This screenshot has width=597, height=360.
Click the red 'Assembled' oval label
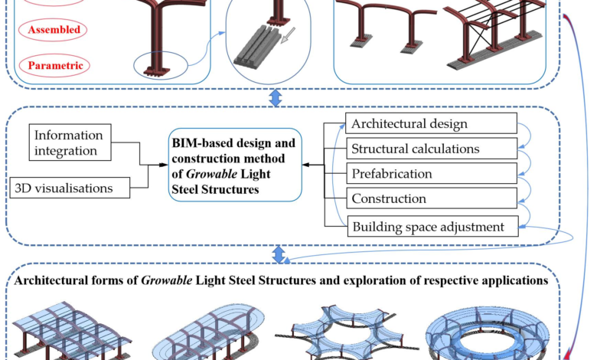pyautogui.click(x=53, y=30)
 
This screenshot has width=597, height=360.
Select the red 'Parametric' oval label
pyautogui.click(x=54, y=66)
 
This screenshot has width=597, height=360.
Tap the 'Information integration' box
pyautogui.click(x=70, y=142)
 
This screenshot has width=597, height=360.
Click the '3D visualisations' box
pyautogui.click(x=70, y=188)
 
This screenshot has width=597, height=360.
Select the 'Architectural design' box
pyautogui.click(x=431, y=123)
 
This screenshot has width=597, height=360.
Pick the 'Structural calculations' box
pyautogui.click(x=432, y=148)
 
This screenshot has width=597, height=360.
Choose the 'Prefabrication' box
pyautogui.click(x=432, y=173)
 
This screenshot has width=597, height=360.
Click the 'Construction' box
pyautogui.click(x=432, y=198)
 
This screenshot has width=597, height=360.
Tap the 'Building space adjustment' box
pyautogui.click(x=433, y=226)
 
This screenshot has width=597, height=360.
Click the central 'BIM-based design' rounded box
pyautogui.click(x=235, y=165)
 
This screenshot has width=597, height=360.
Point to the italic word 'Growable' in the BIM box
pyautogui.click(x=212, y=174)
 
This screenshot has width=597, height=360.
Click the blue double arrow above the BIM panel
pyautogui.click(x=276, y=98)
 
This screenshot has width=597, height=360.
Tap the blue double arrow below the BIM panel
pyautogui.click(x=279, y=254)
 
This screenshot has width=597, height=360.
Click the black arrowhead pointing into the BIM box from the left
pyautogui.click(x=163, y=165)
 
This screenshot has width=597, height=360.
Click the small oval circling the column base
pyautogui.click(x=161, y=65)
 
